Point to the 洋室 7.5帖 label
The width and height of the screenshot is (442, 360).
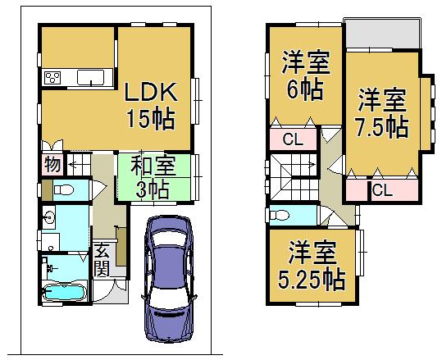(x=383, y=114)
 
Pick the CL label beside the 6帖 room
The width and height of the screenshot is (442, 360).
(x=293, y=139)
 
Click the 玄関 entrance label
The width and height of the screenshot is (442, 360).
(x=102, y=259)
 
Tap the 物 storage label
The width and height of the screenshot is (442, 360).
(x=52, y=164)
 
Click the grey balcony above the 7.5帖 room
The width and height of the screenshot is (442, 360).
(x=381, y=34)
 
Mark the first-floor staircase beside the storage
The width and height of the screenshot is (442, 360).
(x=77, y=163)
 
